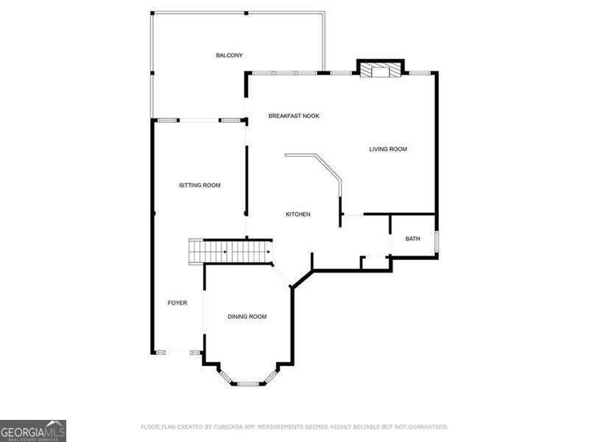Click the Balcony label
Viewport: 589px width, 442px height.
tap(229, 55)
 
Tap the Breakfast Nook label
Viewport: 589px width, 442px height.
tap(294, 116)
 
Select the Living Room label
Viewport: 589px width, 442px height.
tap(388, 150)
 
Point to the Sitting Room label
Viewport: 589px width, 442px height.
tap(200, 185)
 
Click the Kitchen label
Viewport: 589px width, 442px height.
tap(298, 214)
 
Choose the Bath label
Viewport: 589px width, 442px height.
tap(412, 239)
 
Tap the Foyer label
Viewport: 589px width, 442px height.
tap(177, 303)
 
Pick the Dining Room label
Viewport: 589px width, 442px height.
tap(247, 317)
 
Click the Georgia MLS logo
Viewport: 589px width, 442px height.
tap(33, 430)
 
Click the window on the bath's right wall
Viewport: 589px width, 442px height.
tap(437, 241)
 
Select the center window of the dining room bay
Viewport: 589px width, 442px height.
tap(248, 383)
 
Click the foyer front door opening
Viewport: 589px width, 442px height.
tap(177, 353)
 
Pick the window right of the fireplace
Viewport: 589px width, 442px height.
tap(419, 73)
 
